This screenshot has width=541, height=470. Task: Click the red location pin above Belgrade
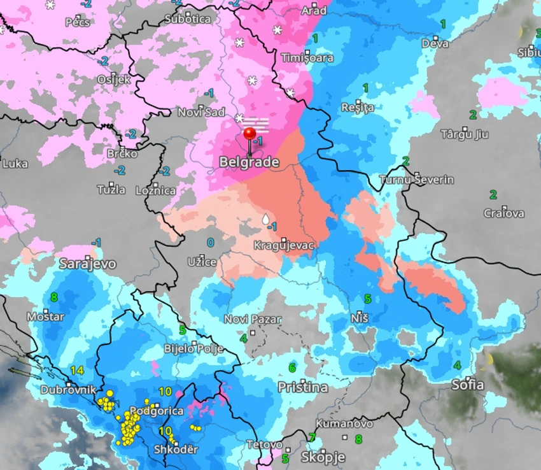pyautogui.click(x=250, y=134)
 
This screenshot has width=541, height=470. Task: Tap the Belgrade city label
pyautogui.click(x=249, y=162)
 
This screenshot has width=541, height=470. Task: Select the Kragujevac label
pyautogui.click(x=284, y=245)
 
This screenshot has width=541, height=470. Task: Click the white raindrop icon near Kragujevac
pyautogui.click(x=265, y=220)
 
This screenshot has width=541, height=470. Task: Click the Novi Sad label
pyautogui.click(x=201, y=112)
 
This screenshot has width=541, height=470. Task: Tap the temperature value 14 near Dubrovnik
pyautogui.click(x=78, y=370)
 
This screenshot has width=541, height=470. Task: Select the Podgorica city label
pyautogui.click(x=157, y=411)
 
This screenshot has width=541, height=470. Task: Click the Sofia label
pyautogui.click(x=467, y=384)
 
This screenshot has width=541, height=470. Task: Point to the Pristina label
pyautogui.click(x=303, y=387)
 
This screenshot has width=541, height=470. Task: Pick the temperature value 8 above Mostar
pyautogui.click(x=53, y=297)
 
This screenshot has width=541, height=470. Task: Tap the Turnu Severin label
pyautogui.click(x=417, y=179)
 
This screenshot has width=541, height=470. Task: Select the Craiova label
pyautogui.click(x=504, y=213)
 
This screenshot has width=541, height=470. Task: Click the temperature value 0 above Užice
pyautogui.click(x=210, y=243)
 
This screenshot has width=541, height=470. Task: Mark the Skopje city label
pyautogui.click(x=323, y=457)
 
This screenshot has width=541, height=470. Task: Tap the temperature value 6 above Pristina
pyautogui.click(x=292, y=367)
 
